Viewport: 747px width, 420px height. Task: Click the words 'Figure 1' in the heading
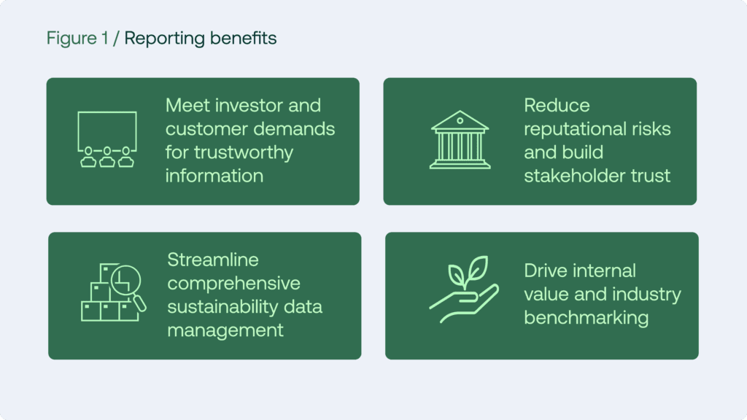tap(77, 39)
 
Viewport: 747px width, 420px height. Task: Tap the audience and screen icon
tap(107, 139)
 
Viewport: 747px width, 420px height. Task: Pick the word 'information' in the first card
tap(214, 176)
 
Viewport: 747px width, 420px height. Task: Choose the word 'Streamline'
tap(213, 260)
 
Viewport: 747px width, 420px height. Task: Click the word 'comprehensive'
tap(233, 283)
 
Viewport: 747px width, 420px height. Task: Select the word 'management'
tap(225, 330)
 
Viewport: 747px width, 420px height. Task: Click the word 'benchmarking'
tap(586, 318)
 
